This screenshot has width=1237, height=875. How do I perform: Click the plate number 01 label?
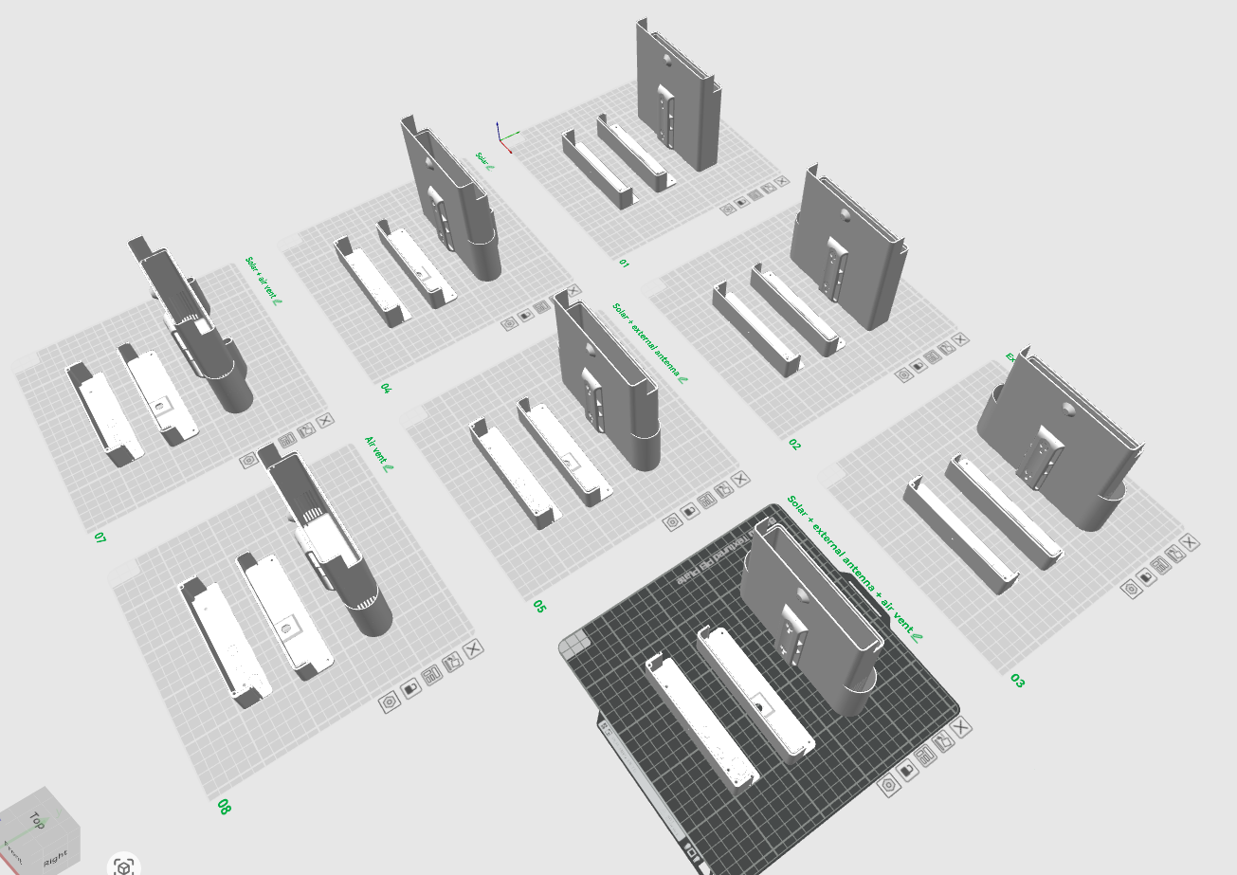[624, 262]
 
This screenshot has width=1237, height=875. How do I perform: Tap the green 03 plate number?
[1017, 681]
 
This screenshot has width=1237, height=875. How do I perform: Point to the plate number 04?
[386, 389]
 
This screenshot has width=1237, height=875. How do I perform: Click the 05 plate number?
[538, 606]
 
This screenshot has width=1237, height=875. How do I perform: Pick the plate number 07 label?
[100, 538]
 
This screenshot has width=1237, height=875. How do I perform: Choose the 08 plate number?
[224, 807]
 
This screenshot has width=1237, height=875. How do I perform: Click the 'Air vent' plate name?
[379, 454]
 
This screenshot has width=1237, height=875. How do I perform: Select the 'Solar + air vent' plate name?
[263, 282]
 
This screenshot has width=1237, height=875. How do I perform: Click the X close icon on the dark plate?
[963, 728]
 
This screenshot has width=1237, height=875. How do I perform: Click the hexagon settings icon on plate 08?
[389, 702]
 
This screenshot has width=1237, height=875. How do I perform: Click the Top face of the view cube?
[36, 819]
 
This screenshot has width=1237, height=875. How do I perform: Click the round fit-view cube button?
[123, 866]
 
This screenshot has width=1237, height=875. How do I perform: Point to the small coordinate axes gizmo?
[505, 138]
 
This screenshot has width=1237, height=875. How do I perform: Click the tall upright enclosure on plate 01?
[678, 95]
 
